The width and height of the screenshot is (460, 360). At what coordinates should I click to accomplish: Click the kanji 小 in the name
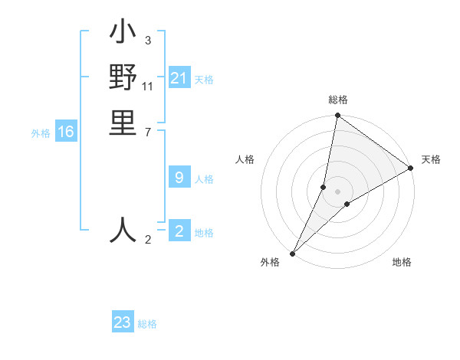[x=123, y=34]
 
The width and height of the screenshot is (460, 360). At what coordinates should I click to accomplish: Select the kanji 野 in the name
[x=123, y=78]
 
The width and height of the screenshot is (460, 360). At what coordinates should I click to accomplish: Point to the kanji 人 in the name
[x=123, y=230]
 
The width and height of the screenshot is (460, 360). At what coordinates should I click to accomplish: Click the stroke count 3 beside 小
[x=147, y=41]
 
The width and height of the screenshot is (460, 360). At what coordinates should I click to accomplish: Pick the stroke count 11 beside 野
[x=149, y=86]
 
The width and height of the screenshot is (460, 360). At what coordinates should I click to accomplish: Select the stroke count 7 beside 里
[x=147, y=132]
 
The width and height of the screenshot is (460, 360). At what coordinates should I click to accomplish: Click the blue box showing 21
[x=179, y=78]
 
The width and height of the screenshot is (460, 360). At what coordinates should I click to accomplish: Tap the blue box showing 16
[x=66, y=132]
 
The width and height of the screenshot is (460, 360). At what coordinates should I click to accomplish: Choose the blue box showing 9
[x=179, y=178]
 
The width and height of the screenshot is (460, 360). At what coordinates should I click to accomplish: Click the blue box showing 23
[x=123, y=322]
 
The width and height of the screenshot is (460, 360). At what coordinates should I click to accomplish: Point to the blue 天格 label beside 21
[x=204, y=79]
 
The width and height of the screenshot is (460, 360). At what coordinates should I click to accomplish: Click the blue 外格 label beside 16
[x=41, y=133]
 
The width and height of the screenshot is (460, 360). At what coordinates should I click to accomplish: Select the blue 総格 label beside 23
[x=147, y=324]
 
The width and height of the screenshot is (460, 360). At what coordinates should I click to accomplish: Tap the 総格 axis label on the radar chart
[x=338, y=100]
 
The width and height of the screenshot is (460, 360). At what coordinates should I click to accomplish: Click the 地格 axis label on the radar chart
[x=402, y=262]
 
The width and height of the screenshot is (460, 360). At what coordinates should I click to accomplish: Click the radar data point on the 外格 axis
[x=293, y=253]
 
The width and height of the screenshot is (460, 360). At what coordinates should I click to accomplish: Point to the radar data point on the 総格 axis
[x=338, y=116]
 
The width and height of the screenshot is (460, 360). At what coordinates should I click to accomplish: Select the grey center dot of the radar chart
[x=338, y=191]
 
